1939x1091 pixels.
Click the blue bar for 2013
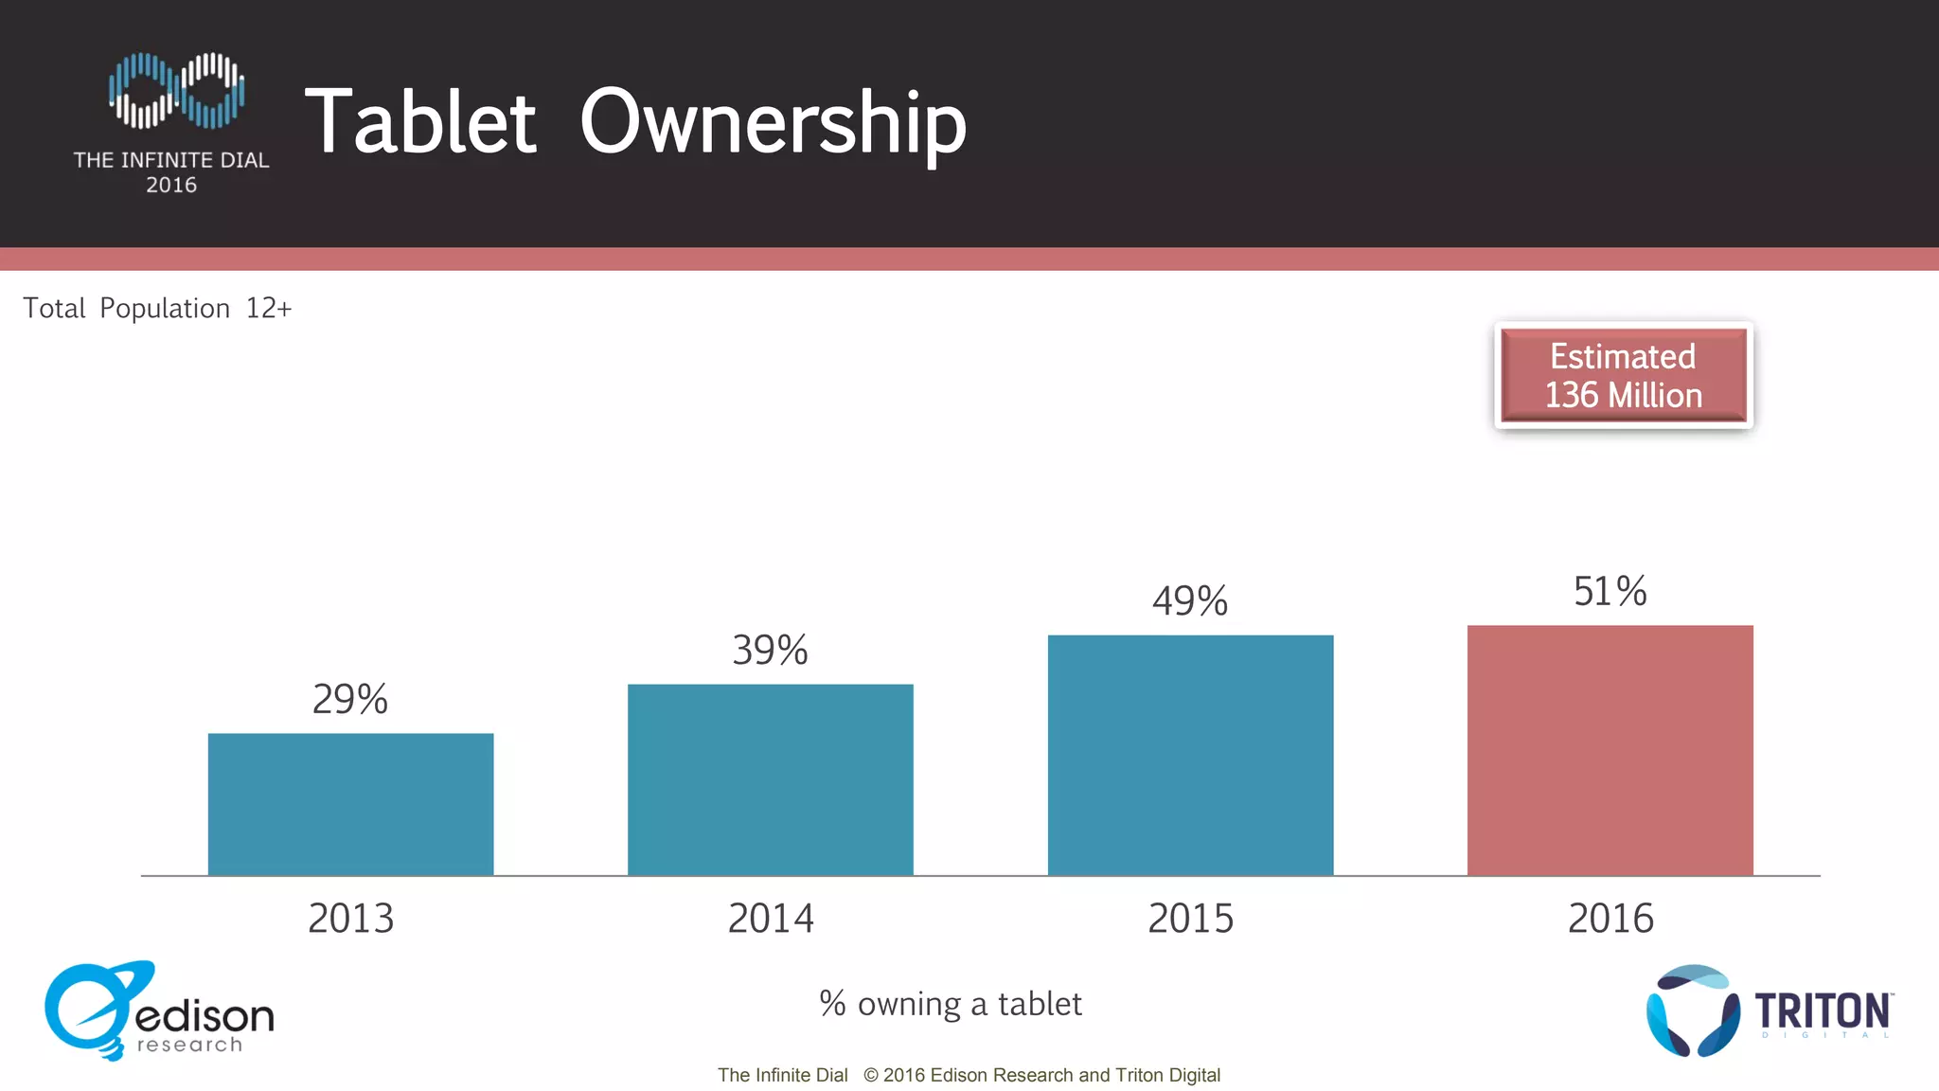(350, 804)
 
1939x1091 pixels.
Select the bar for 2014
(770, 779)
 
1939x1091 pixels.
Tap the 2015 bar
(1190, 755)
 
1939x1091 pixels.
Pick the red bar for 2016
(1610, 750)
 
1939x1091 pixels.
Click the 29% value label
(350, 699)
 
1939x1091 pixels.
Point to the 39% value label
(770, 650)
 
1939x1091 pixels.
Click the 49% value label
(1190, 600)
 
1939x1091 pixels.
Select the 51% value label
(1610, 591)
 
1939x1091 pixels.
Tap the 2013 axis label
(350, 918)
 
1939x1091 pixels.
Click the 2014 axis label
(770, 918)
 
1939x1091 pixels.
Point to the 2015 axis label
(1190, 918)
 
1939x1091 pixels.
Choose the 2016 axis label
(1610, 918)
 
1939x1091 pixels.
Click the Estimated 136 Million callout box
(1623, 375)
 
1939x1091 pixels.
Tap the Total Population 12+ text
(157, 308)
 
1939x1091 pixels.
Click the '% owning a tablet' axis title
(950, 1003)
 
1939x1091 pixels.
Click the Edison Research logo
(158, 1011)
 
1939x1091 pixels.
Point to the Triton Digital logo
(1769, 1011)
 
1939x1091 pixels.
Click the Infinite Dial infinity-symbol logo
(176, 90)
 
